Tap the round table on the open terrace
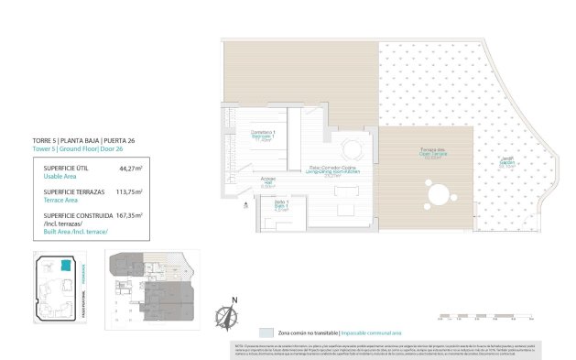pos(440,195)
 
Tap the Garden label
pos(505,164)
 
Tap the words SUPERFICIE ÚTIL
pos(65,169)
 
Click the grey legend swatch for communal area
pos(266,332)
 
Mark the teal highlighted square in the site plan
pos(65,266)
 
